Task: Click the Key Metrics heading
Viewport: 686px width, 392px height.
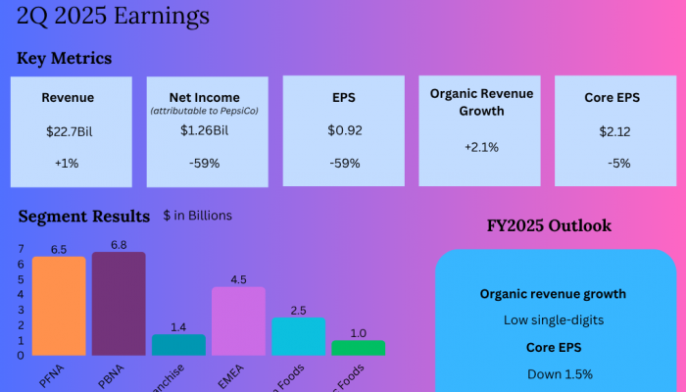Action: (x=64, y=59)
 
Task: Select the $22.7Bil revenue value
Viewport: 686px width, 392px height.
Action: (x=68, y=130)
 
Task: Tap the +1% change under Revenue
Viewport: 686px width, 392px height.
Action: (x=68, y=163)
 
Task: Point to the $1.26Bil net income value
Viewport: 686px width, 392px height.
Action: (x=205, y=130)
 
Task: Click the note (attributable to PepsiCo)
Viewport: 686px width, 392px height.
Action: (x=205, y=112)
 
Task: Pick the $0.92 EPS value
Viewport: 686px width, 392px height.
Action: (x=342, y=130)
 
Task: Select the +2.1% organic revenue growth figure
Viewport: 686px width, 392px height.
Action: (x=480, y=147)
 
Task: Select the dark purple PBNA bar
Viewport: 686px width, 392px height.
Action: (x=119, y=304)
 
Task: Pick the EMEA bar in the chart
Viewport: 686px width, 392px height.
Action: (x=238, y=321)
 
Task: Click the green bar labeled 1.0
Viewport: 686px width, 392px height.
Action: (x=358, y=348)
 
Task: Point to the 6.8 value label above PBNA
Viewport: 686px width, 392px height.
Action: (x=119, y=244)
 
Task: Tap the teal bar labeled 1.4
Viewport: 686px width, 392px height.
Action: (x=178, y=345)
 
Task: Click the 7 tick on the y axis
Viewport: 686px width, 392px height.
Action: (x=21, y=249)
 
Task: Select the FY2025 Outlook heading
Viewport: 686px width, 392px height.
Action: (x=549, y=225)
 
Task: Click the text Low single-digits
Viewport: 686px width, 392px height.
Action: (x=553, y=319)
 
